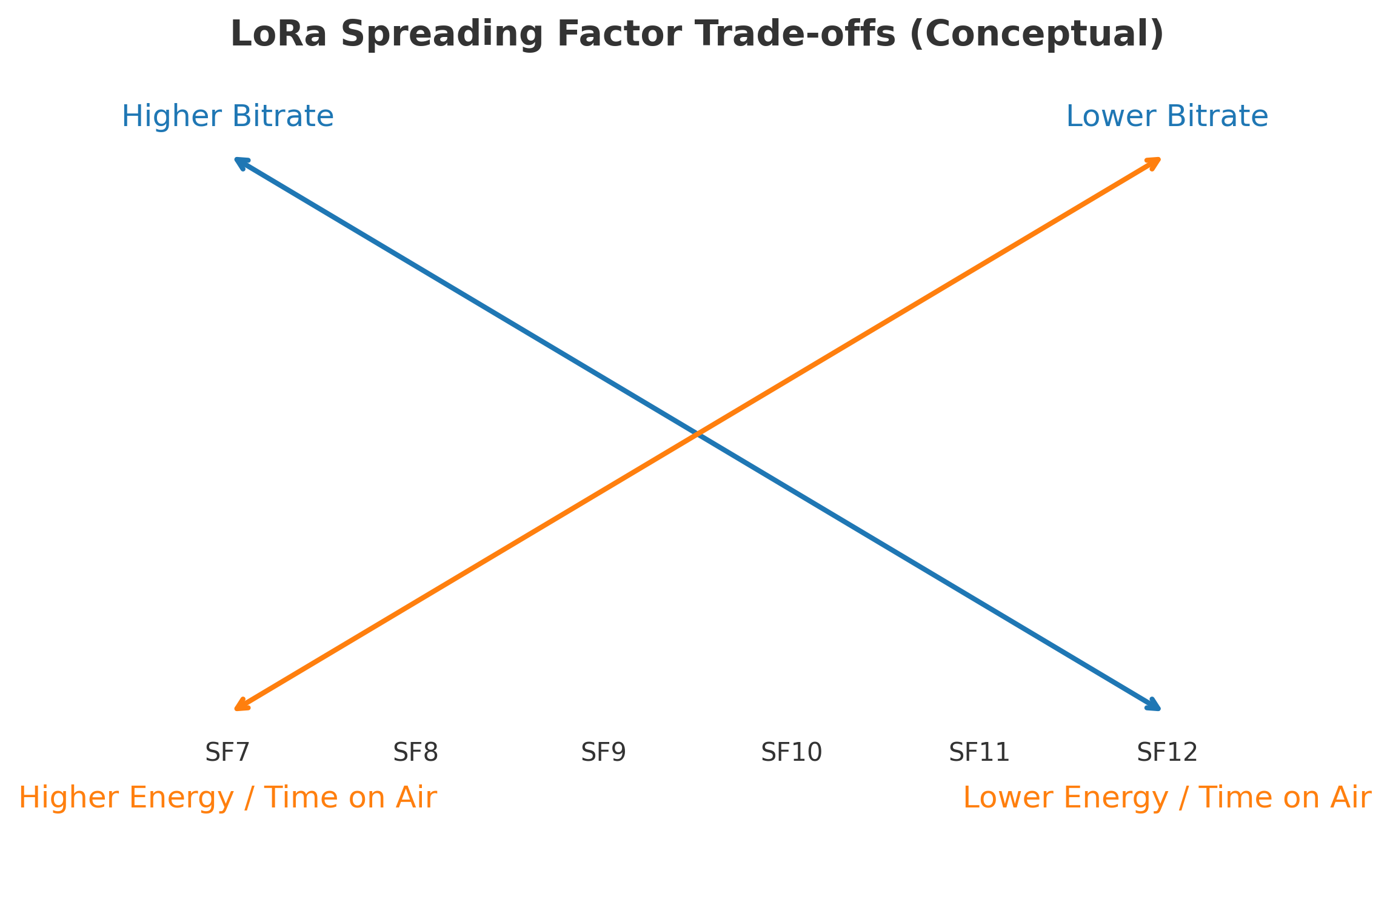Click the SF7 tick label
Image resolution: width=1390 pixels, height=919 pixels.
[227, 753]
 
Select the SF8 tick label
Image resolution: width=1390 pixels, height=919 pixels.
[415, 753]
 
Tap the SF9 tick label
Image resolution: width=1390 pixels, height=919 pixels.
[603, 753]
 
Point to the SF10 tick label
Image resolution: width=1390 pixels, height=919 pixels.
[791, 753]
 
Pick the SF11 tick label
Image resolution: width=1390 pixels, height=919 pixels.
[979, 753]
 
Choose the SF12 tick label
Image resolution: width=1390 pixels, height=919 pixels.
[1167, 753]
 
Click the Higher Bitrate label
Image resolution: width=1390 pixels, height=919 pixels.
[227, 116]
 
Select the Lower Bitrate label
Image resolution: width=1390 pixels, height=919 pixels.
[1167, 116]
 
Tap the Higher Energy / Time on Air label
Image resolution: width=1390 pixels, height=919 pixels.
[227, 798]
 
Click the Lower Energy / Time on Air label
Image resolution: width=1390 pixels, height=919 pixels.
[1167, 798]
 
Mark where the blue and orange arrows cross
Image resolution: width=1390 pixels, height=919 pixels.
[697, 433]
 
